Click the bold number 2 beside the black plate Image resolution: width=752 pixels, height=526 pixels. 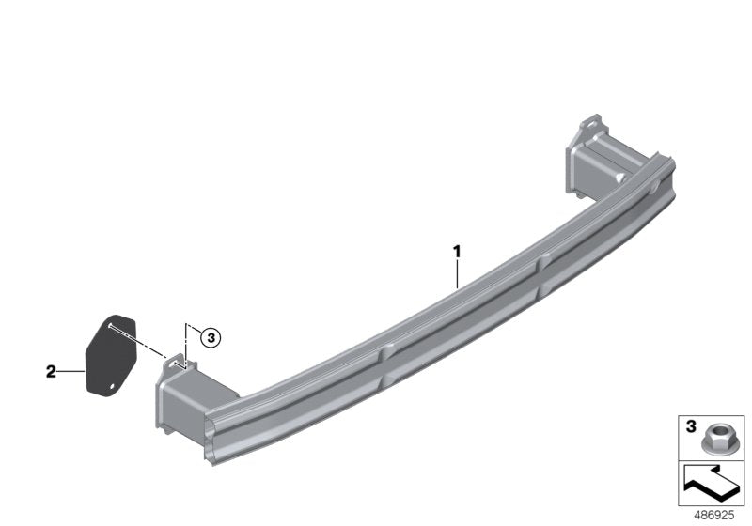[52, 372]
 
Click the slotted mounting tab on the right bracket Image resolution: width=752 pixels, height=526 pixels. [590, 125]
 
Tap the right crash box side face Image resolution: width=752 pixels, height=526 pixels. [583, 169]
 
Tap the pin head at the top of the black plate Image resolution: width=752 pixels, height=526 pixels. [110, 323]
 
